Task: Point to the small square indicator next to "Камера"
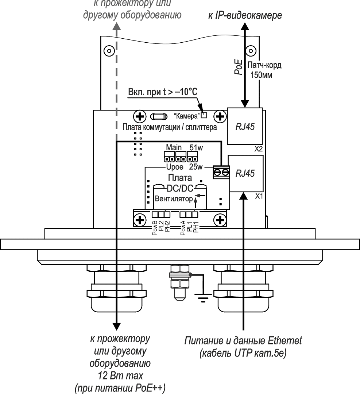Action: [204, 115]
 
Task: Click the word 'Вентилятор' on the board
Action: [173, 199]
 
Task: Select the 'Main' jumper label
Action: [173, 148]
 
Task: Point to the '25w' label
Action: [196, 167]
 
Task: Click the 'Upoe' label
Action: [175, 167]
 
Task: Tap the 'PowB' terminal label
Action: [155, 228]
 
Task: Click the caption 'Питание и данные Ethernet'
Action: [243, 341]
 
